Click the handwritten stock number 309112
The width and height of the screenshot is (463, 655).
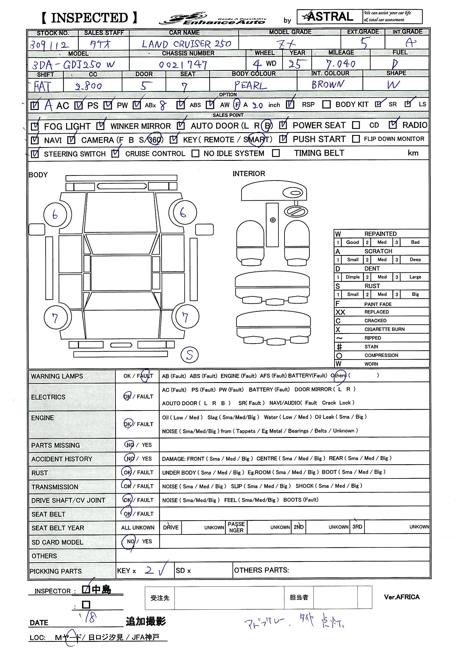coord(49,45)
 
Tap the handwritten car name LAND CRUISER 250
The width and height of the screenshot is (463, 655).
coord(186,44)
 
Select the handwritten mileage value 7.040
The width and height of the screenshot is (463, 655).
coord(341,64)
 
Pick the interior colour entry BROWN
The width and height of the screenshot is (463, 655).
coord(328,84)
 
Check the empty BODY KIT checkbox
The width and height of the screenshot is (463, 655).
coord(326,105)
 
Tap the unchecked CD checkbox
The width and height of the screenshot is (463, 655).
coord(356,125)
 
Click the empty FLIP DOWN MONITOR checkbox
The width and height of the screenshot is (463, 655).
coord(356,139)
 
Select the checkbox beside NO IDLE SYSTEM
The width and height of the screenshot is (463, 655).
coord(196,154)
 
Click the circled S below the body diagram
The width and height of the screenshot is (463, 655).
coord(190,355)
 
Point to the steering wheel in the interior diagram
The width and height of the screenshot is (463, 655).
coord(296,212)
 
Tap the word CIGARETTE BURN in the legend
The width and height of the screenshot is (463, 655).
coord(384,329)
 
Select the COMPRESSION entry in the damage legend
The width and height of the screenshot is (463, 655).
coord(381,355)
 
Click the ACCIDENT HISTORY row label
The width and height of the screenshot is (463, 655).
coord(62,459)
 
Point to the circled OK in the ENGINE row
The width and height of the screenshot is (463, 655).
coord(127,424)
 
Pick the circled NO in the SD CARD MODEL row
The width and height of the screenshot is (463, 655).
coord(130,541)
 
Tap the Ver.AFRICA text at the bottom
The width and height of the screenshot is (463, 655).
coord(402,597)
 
